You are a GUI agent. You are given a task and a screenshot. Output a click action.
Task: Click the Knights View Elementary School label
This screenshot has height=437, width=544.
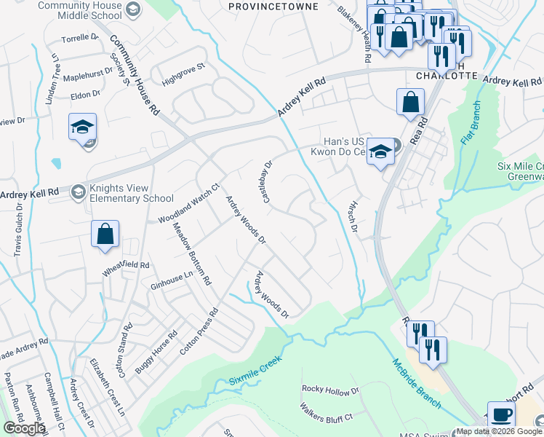[131, 192]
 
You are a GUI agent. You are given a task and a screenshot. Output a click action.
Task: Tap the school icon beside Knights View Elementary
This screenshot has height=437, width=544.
[77, 192]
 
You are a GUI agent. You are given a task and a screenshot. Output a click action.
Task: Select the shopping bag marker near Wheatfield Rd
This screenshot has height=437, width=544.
[105, 234]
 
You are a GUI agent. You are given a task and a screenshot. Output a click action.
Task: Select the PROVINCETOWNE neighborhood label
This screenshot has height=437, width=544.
[273, 6]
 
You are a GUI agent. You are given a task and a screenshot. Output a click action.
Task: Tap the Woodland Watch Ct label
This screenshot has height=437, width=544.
[189, 205]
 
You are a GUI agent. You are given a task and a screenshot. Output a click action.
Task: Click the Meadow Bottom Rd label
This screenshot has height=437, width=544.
[191, 253]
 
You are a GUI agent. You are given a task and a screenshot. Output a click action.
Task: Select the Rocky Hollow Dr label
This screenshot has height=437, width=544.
[331, 390]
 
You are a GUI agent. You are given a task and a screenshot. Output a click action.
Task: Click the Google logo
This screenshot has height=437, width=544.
[23, 428]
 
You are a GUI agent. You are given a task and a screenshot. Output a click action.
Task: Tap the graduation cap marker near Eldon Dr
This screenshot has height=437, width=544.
[82, 126]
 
